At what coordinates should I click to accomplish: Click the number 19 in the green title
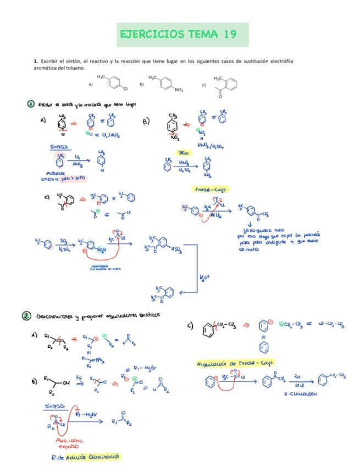230,35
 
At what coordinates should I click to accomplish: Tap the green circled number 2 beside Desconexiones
26,315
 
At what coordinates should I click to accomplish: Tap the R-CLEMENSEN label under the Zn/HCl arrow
298,395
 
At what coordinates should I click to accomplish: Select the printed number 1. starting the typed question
35,61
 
